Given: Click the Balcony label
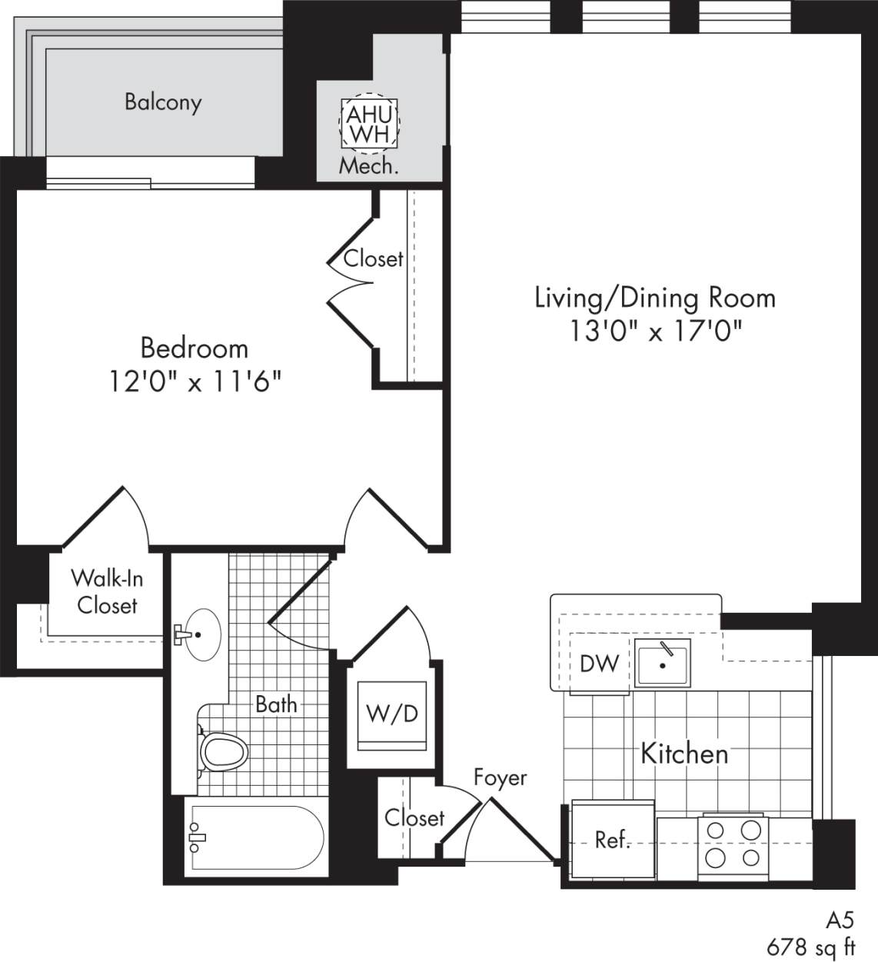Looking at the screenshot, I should (163, 102).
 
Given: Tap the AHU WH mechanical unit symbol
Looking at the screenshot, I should (369, 124).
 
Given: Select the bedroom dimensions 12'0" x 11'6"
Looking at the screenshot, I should (195, 381).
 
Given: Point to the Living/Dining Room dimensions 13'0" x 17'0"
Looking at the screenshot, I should (655, 331).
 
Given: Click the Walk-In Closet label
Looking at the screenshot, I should (107, 591).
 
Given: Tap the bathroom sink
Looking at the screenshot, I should (201, 634).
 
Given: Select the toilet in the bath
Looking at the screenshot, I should (222, 751).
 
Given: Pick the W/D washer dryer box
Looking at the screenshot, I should (392, 714).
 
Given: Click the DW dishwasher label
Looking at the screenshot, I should (599, 663).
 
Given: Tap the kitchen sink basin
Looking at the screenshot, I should (662, 663).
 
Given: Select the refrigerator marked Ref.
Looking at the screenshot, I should (612, 840).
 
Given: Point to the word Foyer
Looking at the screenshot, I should (500, 777).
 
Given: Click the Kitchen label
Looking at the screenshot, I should (684, 754).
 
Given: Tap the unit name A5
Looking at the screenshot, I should (840, 920).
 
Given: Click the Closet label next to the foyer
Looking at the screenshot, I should (414, 817).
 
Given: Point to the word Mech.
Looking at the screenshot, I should (369, 166).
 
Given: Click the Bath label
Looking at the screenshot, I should (276, 704).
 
